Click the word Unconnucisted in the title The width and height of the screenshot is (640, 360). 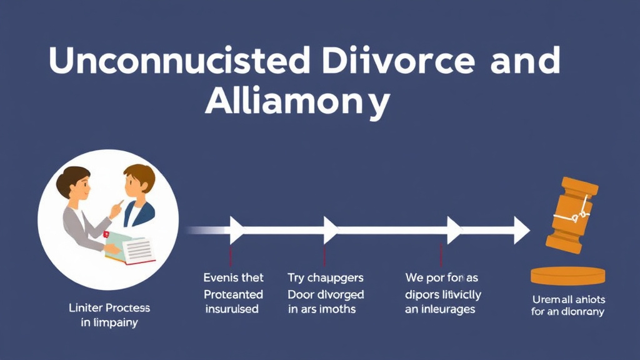point(178,61)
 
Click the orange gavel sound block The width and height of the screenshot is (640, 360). point(567,276)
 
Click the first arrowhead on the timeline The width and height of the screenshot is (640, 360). point(236,229)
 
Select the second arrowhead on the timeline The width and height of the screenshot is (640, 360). point(329,229)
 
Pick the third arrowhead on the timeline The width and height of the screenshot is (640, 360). point(453,229)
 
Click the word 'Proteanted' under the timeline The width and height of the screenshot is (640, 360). point(234,294)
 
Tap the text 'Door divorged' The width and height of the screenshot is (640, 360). point(326,294)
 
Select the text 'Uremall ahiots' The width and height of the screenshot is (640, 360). point(567,299)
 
